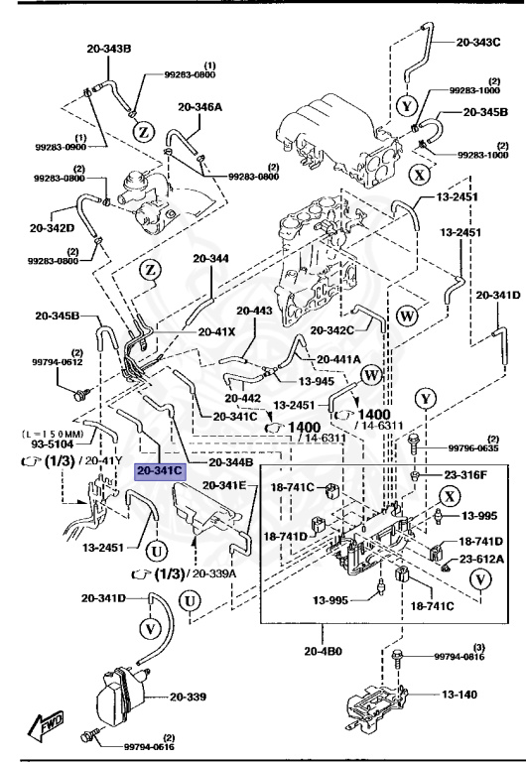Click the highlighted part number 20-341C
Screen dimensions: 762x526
pyautogui.click(x=160, y=471)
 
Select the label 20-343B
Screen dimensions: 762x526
pyautogui.click(x=108, y=49)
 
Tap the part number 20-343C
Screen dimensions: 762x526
pyautogui.click(x=478, y=43)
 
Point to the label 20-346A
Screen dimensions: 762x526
pyautogui.click(x=200, y=106)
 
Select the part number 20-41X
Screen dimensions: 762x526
pyautogui.click(x=216, y=331)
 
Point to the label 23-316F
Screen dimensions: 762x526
pyautogui.click(x=464, y=474)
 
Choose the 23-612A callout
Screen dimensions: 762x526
pyautogui.click(x=481, y=561)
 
